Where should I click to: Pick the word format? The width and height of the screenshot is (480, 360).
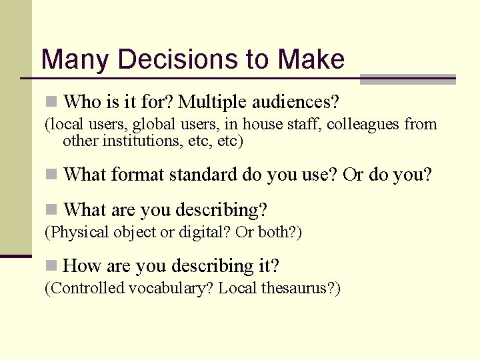[139, 175]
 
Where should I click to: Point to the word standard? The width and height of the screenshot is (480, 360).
[203, 175]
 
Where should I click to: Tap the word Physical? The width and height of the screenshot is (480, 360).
[75, 233]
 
